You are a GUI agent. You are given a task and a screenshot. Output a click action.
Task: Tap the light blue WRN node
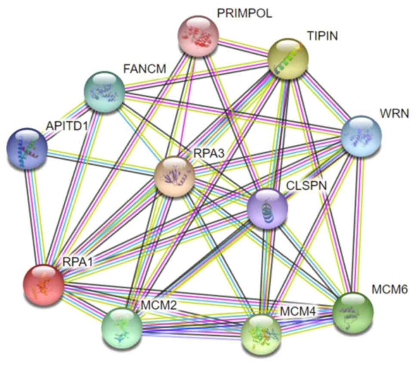click(361, 136)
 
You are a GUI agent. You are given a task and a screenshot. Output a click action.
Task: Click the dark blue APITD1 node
click(27, 148)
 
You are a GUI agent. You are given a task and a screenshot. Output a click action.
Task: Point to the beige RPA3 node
click(174, 177)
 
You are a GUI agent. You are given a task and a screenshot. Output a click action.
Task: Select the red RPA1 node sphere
click(43, 285)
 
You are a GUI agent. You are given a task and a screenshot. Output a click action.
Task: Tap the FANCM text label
click(144, 68)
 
